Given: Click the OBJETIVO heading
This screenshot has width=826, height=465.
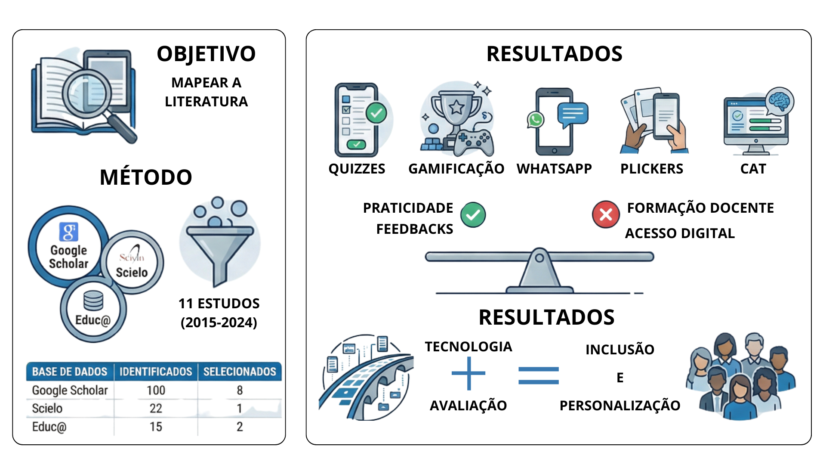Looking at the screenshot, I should point(206,54).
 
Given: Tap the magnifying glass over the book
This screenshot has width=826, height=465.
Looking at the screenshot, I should point(88,93).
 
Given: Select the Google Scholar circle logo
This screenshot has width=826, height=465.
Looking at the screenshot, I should point(69,247).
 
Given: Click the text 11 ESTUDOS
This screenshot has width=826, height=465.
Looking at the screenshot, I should point(219,304).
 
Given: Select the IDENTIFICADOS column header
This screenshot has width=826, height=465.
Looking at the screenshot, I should point(156,372).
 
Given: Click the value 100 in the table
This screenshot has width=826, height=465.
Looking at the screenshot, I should point(156,390).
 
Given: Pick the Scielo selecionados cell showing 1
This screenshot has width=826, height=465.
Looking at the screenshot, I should point(239,408).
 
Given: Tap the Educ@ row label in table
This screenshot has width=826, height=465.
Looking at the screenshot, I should point(49,427).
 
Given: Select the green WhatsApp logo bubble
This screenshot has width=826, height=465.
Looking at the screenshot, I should point(536,120).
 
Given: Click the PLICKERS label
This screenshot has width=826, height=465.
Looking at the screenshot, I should point(651,169).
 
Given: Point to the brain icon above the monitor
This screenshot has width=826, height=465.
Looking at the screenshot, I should point(779,101).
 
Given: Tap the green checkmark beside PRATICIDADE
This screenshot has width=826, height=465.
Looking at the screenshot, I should point(473,214).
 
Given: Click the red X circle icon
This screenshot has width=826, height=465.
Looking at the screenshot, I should point(606,214).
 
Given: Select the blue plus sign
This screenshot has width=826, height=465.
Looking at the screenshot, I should point(468,373).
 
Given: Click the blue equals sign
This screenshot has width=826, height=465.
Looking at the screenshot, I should point(538,375).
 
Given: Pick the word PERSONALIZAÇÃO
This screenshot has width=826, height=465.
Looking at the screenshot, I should point(619,406).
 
